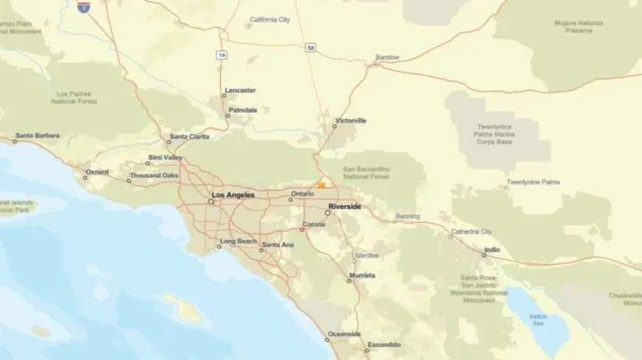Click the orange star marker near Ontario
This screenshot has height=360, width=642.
(x=321, y=184)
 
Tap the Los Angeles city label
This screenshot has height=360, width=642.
(x=232, y=195)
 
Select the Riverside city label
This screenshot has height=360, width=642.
(x=345, y=207)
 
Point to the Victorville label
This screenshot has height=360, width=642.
(x=351, y=120)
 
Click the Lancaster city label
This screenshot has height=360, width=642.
(x=241, y=91)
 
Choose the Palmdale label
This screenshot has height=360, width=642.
(x=243, y=110)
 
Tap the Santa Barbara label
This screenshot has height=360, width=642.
(x=38, y=136)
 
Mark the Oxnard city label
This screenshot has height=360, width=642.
(x=97, y=172)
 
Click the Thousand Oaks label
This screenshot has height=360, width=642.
(x=153, y=176)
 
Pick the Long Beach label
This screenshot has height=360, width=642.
(x=237, y=241)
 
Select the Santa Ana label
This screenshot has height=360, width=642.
(x=278, y=245)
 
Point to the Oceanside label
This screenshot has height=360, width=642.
(x=345, y=334)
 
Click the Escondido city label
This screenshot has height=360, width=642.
(x=384, y=345)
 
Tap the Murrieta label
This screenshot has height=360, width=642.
(x=362, y=275)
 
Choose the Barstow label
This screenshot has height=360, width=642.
(x=387, y=58)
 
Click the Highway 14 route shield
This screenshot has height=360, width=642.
(x=221, y=55)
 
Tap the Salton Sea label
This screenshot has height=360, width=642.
(x=538, y=319)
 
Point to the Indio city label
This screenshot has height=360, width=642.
(x=491, y=249)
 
